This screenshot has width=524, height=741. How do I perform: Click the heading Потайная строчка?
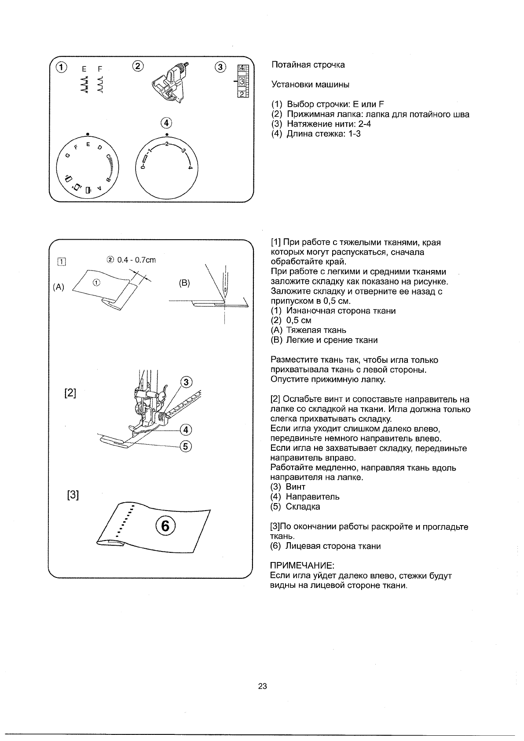tap(308, 65)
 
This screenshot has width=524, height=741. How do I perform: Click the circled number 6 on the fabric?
tap(165, 526)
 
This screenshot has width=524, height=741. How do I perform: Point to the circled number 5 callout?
tap(185, 446)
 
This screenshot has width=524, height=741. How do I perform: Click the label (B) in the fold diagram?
tap(184, 283)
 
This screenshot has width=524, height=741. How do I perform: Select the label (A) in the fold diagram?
tap(59, 288)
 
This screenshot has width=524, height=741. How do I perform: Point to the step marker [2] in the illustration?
tap(70, 393)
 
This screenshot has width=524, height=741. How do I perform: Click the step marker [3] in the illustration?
tap(73, 495)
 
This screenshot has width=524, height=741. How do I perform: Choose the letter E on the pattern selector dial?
tap(88, 144)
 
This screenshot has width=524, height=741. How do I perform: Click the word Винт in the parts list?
tap(295, 487)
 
